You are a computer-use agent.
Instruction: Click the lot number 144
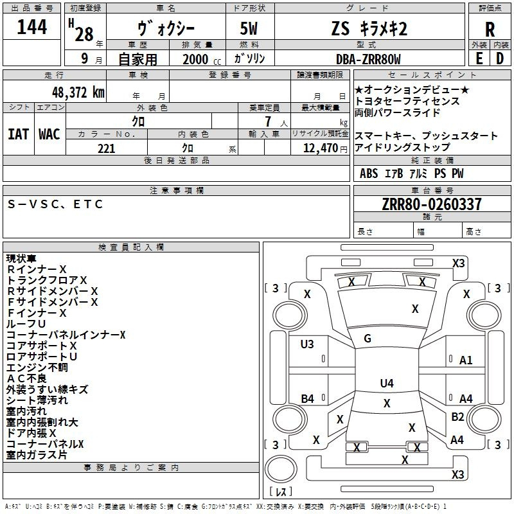click(x=31, y=26)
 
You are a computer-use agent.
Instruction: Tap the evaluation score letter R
click(x=490, y=30)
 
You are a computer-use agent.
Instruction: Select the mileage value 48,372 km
click(x=78, y=93)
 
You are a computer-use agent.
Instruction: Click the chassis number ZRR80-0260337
click(x=432, y=204)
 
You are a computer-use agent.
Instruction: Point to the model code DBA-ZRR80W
click(x=368, y=59)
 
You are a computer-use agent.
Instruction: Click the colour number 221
click(x=107, y=148)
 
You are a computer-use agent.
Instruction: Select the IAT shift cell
click(x=19, y=134)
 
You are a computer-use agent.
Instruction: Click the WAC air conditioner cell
click(x=49, y=134)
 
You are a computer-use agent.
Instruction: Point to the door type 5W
click(x=249, y=28)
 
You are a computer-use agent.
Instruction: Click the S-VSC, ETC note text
click(x=55, y=204)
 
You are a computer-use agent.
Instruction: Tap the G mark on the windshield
click(x=368, y=339)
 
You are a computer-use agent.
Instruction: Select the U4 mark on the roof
click(x=387, y=383)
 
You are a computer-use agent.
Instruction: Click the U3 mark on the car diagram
click(x=307, y=344)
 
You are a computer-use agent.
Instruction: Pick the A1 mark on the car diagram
click(x=466, y=360)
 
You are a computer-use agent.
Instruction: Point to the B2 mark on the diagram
click(x=457, y=417)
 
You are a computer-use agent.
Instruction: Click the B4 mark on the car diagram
click(x=308, y=399)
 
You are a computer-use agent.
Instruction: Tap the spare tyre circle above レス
click(x=281, y=468)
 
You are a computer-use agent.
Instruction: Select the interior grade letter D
click(x=500, y=58)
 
